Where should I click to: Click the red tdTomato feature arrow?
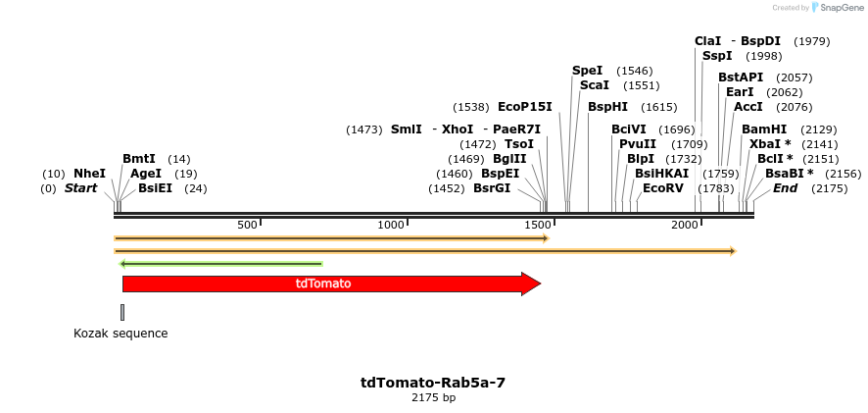tap(323, 284)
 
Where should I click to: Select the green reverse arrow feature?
tap(220, 263)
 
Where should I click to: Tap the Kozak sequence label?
tap(121, 334)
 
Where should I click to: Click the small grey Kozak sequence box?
tap(122, 312)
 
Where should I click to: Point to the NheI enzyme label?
tap(89, 174)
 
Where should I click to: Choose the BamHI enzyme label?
tap(764, 129)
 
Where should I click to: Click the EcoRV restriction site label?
tap(663, 188)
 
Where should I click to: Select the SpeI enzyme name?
tap(588, 71)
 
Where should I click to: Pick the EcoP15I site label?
tap(525, 107)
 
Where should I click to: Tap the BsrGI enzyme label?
tap(492, 188)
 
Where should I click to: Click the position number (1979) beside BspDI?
tap(812, 41)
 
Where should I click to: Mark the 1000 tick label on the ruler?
tap(391, 225)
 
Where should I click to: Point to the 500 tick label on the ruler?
tap(247, 225)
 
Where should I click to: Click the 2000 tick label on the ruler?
tap(683, 225)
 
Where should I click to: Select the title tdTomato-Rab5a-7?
tap(433, 383)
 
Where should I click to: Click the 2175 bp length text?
tap(433, 397)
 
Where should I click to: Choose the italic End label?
tap(786, 188)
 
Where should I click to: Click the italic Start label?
tap(80, 188)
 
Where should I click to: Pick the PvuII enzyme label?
tap(638, 144)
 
